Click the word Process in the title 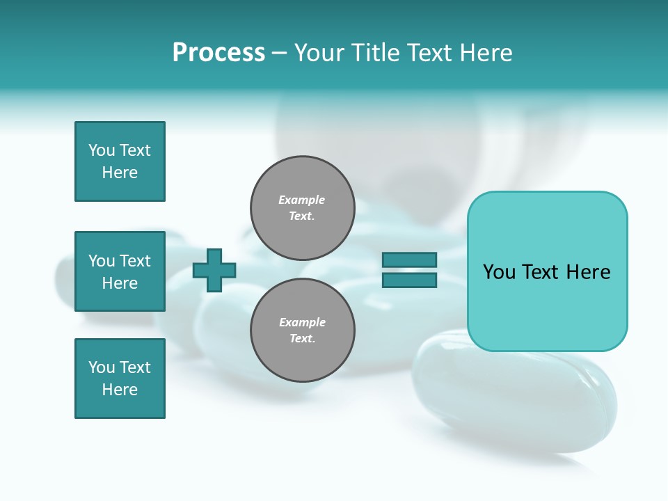pyautogui.click(x=218, y=53)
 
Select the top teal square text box pyautogui.click(x=120, y=161)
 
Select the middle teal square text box pyautogui.click(x=120, y=271)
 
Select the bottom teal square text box pyautogui.click(x=120, y=379)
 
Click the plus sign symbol pyautogui.click(x=214, y=271)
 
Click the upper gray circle pyautogui.click(x=302, y=207)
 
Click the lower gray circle pyautogui.click(x=302, y=330)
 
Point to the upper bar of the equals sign pyautogui.click(x=409, y=260)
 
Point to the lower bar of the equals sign pyautogui.click(x=409, y=280)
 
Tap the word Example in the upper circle pyautogui.click(x=302, y=200)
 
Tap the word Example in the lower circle pyautogui.click(x=302, y=322)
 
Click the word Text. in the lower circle pyautogui.click(x=302, y=339)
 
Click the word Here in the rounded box pyautogui.click(x=589, y=272)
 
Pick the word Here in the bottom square pyautogui.click(x=120, y=390)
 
